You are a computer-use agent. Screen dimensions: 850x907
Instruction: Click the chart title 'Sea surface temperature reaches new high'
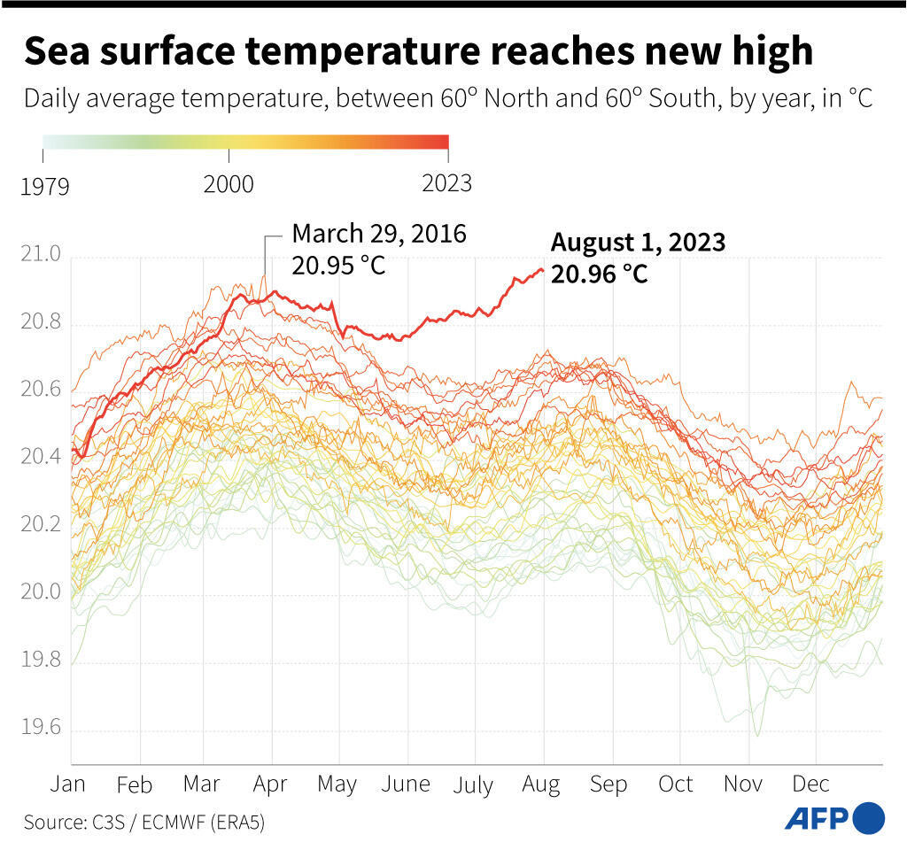pos(417,51)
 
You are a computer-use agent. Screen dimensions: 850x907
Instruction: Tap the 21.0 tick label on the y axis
pos(40,257)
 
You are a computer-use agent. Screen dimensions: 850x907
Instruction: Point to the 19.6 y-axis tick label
pos(40,729)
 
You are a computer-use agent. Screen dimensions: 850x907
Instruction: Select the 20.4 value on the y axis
pos(40,457)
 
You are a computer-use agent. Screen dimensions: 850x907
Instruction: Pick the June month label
pos(407,785)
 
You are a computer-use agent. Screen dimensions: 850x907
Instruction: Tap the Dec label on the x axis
pos(810,785)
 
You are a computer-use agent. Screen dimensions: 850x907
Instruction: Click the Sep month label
pos(609,785)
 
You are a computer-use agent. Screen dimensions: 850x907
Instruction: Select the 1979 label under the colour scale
pos(44,186)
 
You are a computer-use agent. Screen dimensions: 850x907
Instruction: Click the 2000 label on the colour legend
pos(229,184)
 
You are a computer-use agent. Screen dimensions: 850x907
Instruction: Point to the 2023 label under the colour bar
pos(447,184)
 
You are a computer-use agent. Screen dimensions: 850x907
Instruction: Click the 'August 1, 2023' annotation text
pos(638,243)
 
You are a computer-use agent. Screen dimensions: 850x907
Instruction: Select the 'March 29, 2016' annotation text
pos(378,234)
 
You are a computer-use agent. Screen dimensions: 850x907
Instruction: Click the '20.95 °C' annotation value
pos(338,265)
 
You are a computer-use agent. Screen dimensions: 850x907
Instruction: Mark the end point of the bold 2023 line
pos(542,270)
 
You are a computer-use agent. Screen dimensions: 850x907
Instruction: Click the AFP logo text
pos(817,817)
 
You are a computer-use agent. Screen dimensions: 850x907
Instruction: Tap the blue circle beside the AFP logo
pos(870,817)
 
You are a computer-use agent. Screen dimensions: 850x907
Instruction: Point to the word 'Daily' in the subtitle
pos(49,98)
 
